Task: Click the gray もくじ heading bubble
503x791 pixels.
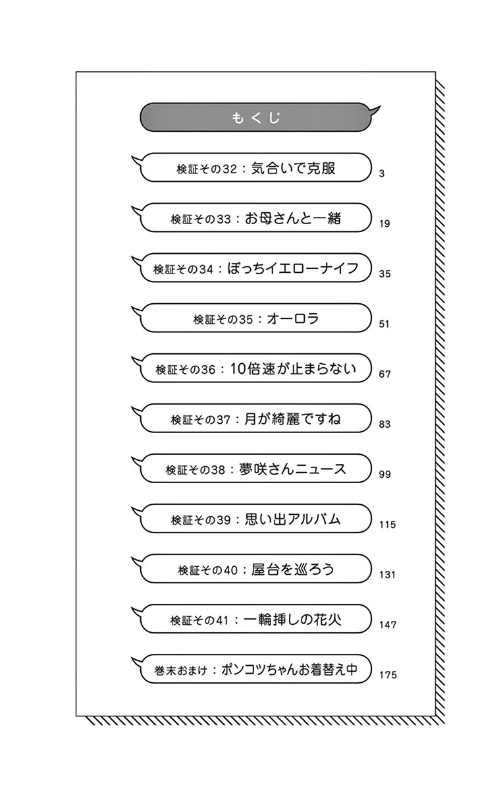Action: [x=256, y=118]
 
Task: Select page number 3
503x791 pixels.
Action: [x=382, y=174]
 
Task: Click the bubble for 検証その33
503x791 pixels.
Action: [x=256, y=218]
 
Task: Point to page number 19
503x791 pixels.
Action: [x=384, y=224]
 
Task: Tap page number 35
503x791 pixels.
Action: [x=384, y=274]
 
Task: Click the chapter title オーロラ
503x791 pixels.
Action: [x=293, y=318]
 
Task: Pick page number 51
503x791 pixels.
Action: [x=384, y=324]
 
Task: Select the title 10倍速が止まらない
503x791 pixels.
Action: [x=293, y=368]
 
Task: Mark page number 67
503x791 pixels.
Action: [x=384, y=374]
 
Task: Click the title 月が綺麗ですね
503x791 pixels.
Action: [x=293, y=419]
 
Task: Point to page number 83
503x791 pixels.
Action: [x=384, y=425]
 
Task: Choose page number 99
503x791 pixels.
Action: [x=384, y=475]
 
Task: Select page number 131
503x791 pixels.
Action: [x=387, y=575]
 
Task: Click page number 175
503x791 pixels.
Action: [x=387, y=675]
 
